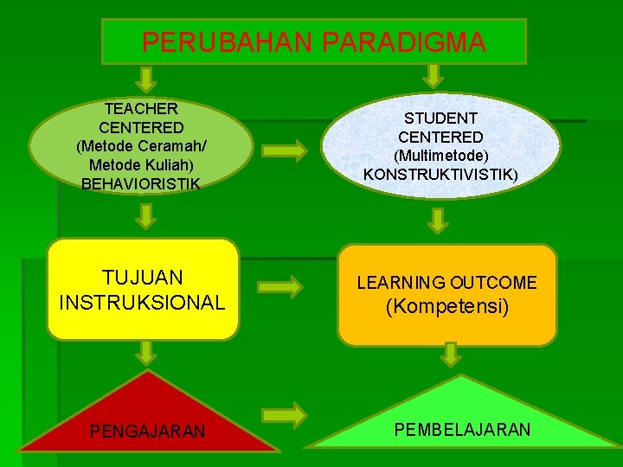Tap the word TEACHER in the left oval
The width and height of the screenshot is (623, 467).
click(x=141, y=109)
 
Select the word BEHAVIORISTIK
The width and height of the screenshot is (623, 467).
click(x=141, y=183)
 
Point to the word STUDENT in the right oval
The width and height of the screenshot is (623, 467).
click(x=440, y=118)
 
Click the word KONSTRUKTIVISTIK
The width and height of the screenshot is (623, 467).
click(x=440, y=174)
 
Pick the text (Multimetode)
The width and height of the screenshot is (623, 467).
click(x=440, y=156)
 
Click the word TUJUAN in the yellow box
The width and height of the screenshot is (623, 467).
click(x=142, y=278)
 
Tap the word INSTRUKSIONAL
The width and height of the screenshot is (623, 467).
click(x=142, y=302)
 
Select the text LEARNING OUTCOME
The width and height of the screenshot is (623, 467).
click(x=447, y=283)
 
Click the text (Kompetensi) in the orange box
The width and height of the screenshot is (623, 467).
click(x=447, y=306)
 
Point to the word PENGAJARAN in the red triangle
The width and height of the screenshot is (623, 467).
click(x=148, y=431)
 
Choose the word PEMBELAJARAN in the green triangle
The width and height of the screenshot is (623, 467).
click(x=462, y=429)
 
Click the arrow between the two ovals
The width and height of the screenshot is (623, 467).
click(x=285, y=151)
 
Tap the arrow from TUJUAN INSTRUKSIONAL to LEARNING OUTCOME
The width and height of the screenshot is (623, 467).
click(x=285, y=285)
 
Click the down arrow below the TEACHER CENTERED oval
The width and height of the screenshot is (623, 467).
click(x=148, y=211)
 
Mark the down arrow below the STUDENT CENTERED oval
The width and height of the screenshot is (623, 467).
click(x=440, y=220)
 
